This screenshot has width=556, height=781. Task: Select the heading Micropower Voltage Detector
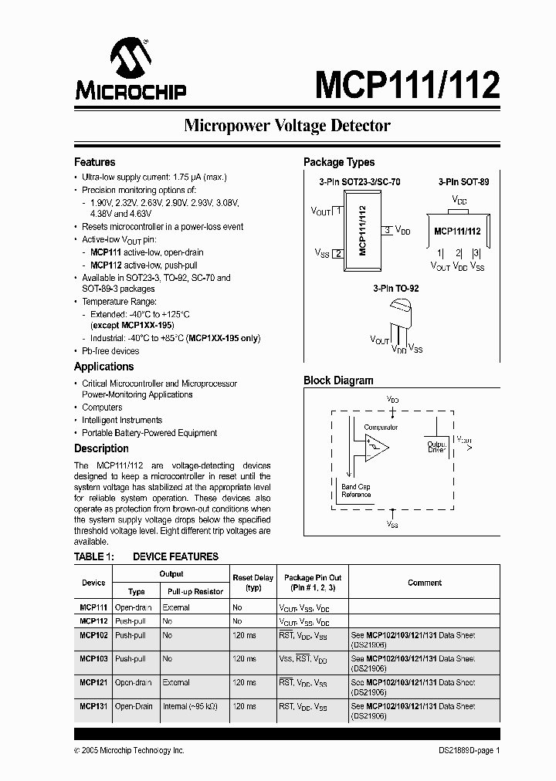286,126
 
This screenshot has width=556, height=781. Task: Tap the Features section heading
94,162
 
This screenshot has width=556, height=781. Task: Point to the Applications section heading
103,367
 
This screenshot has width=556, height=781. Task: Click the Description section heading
101,448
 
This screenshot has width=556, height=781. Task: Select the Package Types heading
339,162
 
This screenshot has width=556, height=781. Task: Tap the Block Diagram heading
338,380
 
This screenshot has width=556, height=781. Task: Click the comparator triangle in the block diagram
377,448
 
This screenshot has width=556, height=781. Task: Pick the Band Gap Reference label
356,491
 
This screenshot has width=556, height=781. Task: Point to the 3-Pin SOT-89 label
463,182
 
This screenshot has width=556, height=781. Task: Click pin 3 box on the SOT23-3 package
387,230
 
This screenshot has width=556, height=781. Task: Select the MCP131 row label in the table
93,706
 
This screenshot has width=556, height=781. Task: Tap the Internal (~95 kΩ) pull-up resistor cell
190,706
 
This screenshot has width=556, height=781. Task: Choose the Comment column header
425,583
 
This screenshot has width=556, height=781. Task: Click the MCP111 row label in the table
93,608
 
